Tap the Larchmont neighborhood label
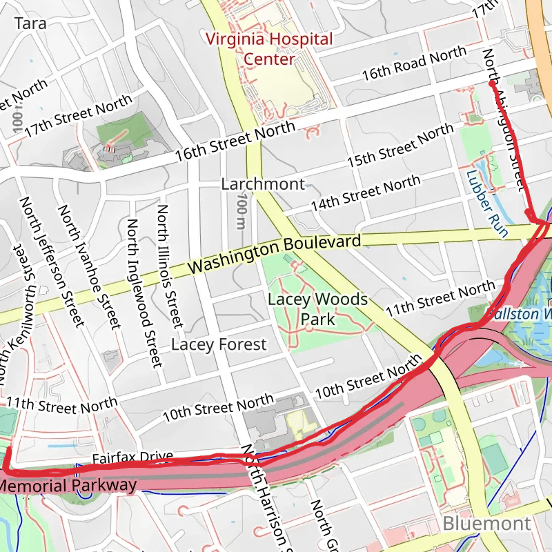[263, 184]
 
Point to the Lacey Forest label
[219, 344]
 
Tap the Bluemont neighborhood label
[486, 523]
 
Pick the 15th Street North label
[400, 146]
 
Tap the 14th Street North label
[365, 194]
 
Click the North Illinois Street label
[170, 266]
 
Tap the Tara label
[30, 23]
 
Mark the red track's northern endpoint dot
[491, 83]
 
